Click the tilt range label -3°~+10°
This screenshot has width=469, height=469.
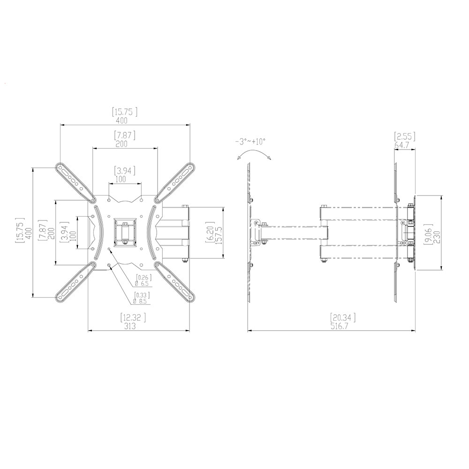(250, 141)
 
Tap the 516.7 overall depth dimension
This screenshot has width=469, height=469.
(340, 326)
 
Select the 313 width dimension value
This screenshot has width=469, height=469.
(130, 326)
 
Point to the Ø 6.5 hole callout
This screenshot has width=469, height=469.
(142, 284)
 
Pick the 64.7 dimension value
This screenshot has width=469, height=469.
(402, 145)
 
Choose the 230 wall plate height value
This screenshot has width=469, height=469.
(436, 237)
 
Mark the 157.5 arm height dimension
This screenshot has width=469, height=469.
(219, 235)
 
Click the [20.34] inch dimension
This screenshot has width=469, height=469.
(343, 318)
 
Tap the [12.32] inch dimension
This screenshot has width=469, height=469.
(133, 318)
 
